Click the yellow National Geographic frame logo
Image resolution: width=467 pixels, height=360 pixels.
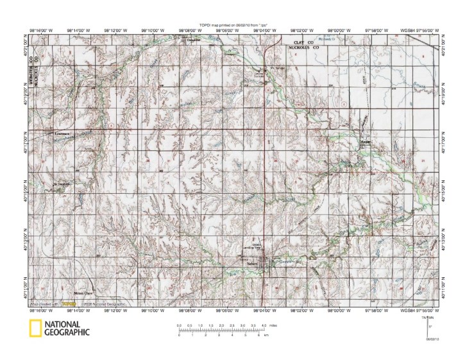click(33, 328)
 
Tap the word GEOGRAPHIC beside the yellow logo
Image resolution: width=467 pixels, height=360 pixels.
click(67, 332)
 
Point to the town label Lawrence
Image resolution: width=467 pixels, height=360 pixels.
click(62, 133)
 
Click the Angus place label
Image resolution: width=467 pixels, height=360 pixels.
click(366, 142)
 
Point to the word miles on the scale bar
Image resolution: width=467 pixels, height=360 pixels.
click(273, 327)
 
